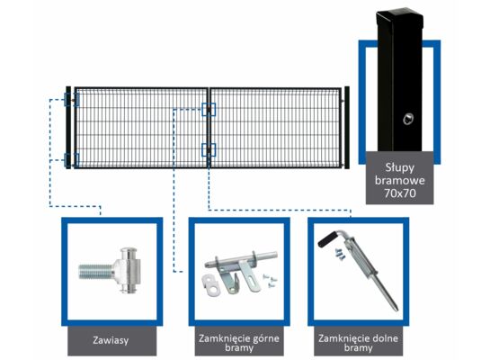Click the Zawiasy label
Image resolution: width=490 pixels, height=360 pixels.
110,341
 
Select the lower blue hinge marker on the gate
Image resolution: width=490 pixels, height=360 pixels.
72,160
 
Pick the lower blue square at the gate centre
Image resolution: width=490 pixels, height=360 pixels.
209,149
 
